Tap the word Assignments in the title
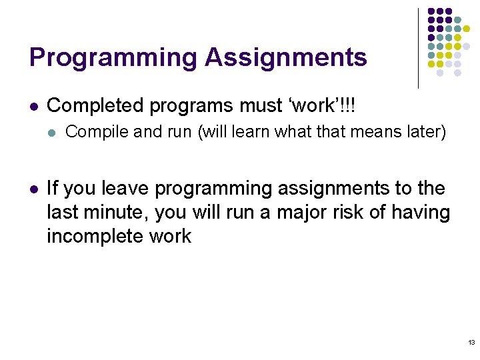point(286,58)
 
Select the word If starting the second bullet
point(53,189)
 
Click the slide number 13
point(471,343)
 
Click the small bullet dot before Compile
point(52,133)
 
